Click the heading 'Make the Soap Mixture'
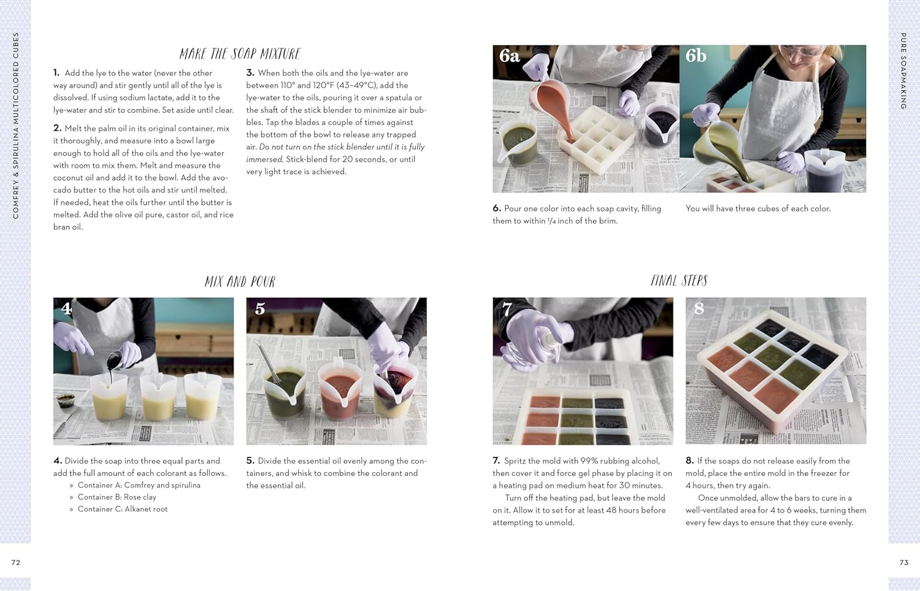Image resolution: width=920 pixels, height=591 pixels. [240, 54]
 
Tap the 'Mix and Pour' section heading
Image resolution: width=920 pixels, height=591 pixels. [240, 282]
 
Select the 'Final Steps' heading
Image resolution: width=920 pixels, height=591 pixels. [679, 281]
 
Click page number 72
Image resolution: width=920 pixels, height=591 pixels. [16, 562]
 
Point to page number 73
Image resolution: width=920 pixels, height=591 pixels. [903, 562]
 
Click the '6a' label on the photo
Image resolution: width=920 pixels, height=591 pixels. [509, 56]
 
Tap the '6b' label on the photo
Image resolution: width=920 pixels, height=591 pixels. [696, 56]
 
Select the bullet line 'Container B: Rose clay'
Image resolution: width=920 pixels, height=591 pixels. [117, 497]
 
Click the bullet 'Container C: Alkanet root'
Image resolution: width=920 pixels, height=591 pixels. [122, 509]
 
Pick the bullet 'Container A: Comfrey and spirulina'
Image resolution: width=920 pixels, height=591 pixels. [139, 485]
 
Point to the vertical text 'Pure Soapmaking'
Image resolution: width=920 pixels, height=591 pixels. [903, 71]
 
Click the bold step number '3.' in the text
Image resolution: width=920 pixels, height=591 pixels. [250, 73]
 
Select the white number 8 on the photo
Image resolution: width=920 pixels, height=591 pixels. [699, 308]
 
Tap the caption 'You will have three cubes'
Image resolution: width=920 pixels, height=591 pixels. [758, 208]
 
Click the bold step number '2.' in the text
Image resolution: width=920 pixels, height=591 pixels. [58, 128]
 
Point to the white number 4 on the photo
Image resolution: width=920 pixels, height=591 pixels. [66, 308]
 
